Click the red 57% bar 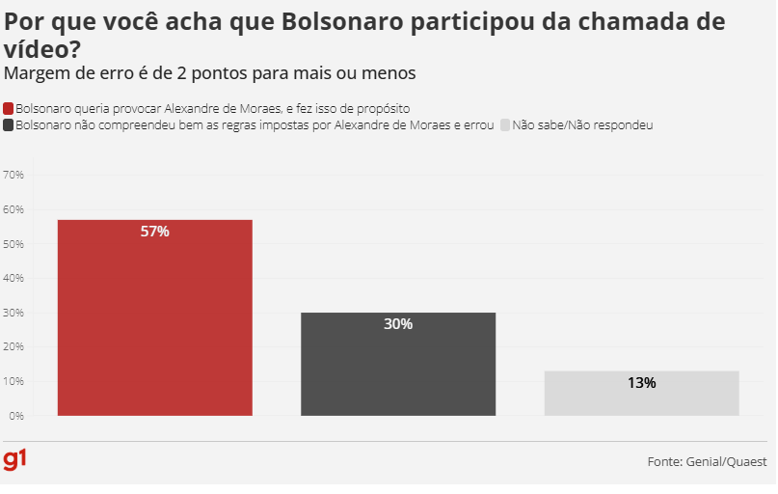click(154, 318)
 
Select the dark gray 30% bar click(398, 365)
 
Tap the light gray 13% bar click(641, 394)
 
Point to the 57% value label click(154, 232)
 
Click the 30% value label click(398, 324)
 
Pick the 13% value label click(641, 383)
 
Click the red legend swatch click(9, 109)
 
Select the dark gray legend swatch click(9, 125)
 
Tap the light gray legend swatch click(505, 125)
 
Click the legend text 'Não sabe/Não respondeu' click(582, 125)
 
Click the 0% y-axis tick click(16, 416)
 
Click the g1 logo click(15, 459)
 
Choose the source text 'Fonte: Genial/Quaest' click(708, 462)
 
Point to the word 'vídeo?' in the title click(42, 49)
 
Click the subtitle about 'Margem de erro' click(210, 72)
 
